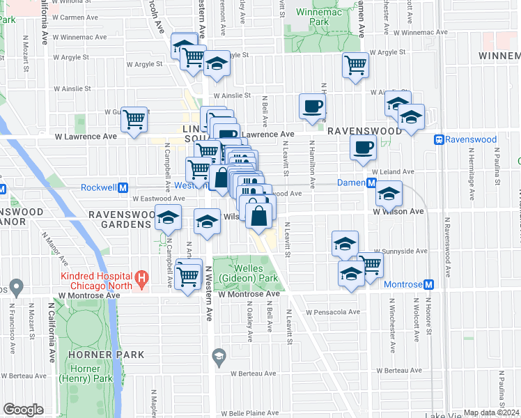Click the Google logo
click(x=23, y=410)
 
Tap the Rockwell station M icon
click(x=123, y=187)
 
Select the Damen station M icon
click(x=372, y=183)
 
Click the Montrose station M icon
click(x=429, y=285)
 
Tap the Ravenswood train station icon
click(x=439, y=139)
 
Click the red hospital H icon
click(x=143, y=281)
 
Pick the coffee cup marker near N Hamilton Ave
click(x=313, y=107)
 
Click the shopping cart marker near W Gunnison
click(x=134, y=118)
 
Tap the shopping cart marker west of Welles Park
click(x=188, y=274)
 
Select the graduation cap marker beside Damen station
click(x=389, y=193)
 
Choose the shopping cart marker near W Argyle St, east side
click(x=356, y=65)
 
